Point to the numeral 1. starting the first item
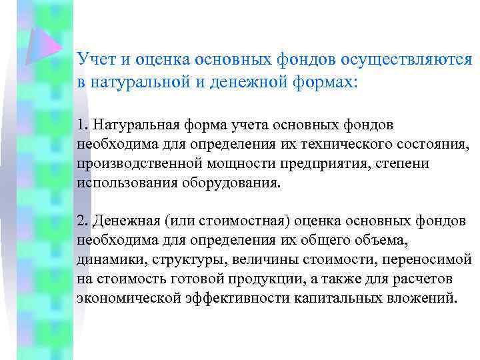pyautogui.click(x=83, y=125)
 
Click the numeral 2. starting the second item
pyautogui.click(x=83, y=221)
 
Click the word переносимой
pyautogui.click(x=431, y=259)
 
